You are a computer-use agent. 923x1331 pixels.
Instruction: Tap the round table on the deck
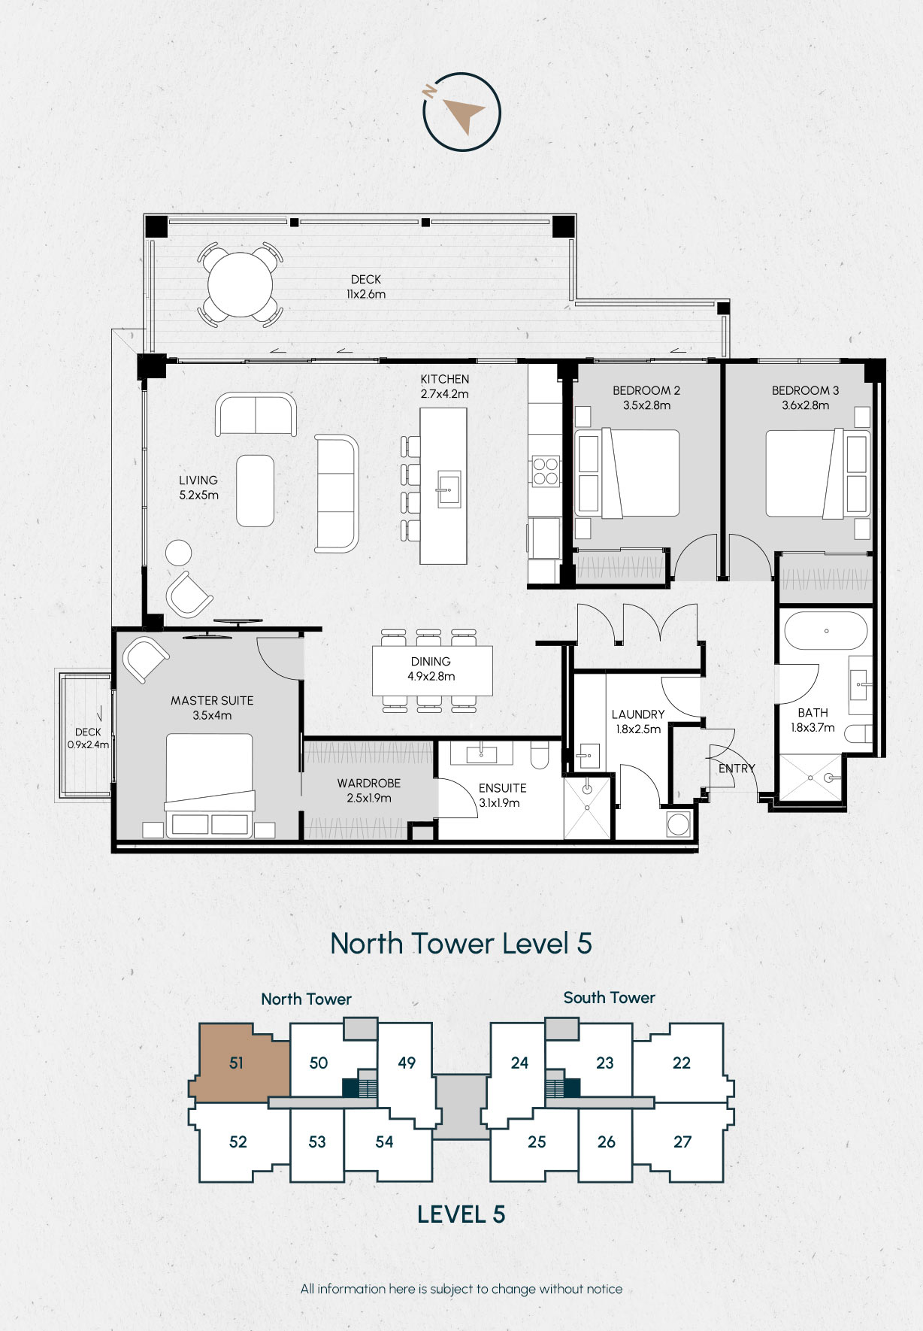click(x=241, y=285)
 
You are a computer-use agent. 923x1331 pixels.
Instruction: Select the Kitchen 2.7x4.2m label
click(x=445, y=387)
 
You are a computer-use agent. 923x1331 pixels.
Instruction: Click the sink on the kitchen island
click(x=449, y=490)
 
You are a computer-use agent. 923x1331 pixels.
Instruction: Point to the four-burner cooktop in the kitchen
click(x=546, y=471)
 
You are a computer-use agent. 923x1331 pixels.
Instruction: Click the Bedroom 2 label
click(x=646, y=398)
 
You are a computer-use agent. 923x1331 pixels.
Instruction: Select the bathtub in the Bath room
click(x=826, y=631)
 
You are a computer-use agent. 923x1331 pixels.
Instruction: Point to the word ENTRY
click(x=737, y=769)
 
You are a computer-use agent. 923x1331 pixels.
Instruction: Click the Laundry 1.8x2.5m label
click(x=638, y=721)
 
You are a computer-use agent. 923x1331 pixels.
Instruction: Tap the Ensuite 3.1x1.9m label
click(x=502, y=795)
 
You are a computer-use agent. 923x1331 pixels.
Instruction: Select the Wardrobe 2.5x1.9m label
click(x=369, y=790)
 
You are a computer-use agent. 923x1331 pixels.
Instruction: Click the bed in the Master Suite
click(x=210, y=785)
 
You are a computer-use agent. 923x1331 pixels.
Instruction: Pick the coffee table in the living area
click(x=256, y=490)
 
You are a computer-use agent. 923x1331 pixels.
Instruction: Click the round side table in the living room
click(x=179, y=553)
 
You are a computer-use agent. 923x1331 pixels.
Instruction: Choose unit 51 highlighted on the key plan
click(x=238, y=1063)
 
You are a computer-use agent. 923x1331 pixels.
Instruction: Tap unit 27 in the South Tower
click(x=682, y=1142)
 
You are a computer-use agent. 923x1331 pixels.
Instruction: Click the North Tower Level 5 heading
click(x=461, y=943)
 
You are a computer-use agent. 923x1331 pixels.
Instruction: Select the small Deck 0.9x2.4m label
click(x=88, y=738)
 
